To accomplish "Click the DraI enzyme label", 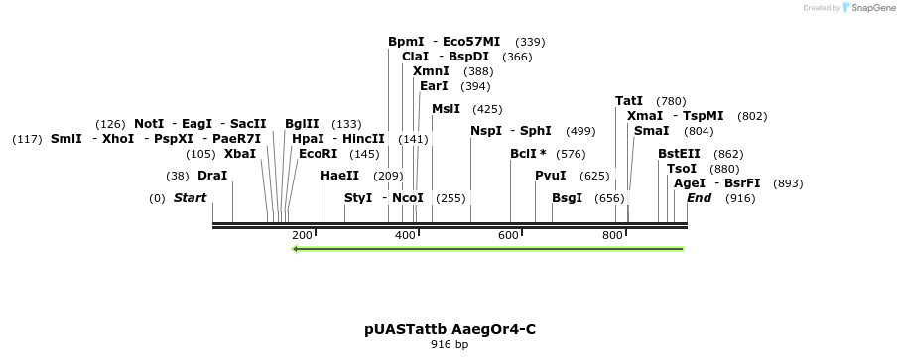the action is tap(212, 176).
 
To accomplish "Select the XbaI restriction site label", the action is tap(239, 154).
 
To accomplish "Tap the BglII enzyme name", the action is tap(302, 124).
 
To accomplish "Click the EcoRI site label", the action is tap(318, 154).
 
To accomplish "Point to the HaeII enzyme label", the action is tap(339, 176).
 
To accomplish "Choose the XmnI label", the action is tap(431, 71).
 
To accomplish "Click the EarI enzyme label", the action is tap(434, 86).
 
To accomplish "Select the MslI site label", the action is tap(446, 109).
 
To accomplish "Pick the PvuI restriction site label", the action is tap(550, 176).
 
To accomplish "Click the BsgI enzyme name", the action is tap(567, 198).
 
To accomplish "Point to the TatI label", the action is tap(629, 101).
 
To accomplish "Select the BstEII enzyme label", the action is tap(679, 154).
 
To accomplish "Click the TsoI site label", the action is tap(682, 169).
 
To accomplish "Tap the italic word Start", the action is tap(190, 198).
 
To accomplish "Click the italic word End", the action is tap(699, 198).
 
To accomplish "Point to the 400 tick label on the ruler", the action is tap(405, 235).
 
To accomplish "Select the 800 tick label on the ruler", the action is tap(612, 235).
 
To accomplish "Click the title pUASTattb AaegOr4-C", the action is tap(450, 329).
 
